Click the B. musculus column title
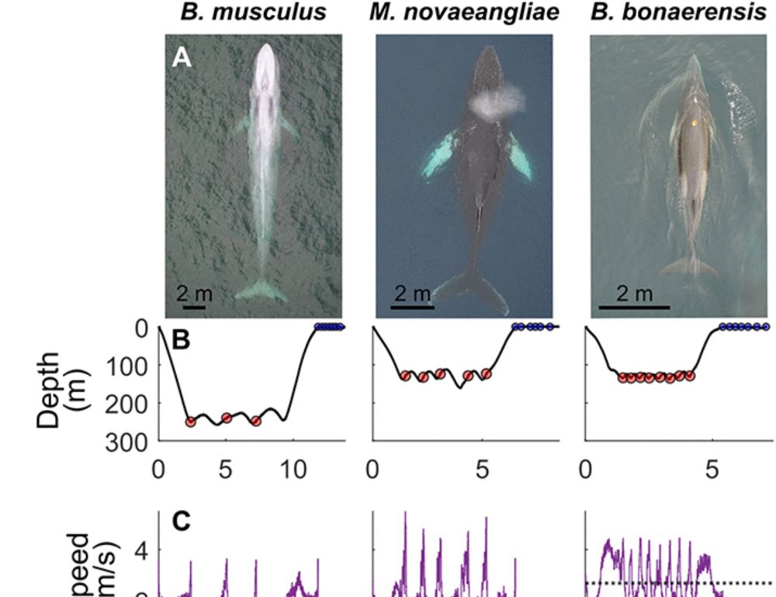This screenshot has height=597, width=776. point(253,13)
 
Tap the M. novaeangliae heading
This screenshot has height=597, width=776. point(462,13)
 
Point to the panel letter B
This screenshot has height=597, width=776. point(181,341)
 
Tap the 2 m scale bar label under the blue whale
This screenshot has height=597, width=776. point(194,293)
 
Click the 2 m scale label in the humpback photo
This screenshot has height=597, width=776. point(411,293)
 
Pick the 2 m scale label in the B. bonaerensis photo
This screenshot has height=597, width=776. point(634,293)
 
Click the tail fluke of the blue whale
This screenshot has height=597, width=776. point(261,291)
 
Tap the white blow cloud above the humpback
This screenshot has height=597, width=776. point(494,102)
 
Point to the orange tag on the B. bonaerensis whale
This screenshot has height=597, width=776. point(695,122)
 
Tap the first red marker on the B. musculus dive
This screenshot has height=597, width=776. point(191,422)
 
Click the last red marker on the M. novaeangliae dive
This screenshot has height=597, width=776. point(487,373)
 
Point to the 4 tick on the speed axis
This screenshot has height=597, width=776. point(144,550)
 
